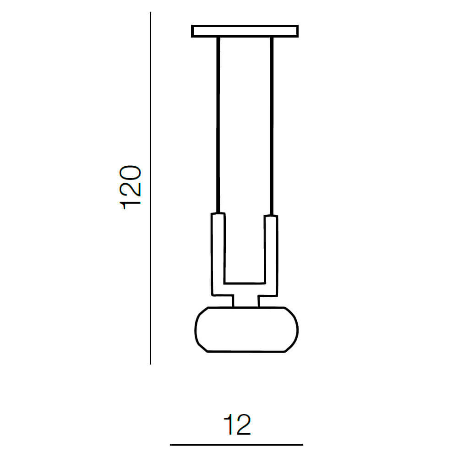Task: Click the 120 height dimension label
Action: pos(130,187)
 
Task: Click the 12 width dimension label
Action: pos(237,424)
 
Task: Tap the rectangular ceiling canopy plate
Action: pos(245,31)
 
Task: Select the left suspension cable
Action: pos(218,125)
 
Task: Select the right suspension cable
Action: pos(272,126)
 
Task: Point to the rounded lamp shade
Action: pos(246,330)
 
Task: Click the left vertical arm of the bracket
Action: pos(218,254)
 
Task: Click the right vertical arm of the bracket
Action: pos(271,256)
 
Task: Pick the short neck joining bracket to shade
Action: pos(245,301)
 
